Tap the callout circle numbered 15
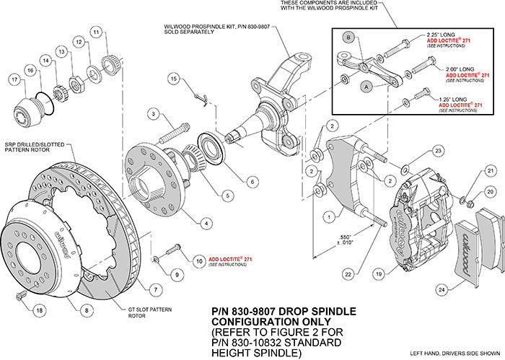[x=173, y=77]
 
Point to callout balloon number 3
[x=154, y=113]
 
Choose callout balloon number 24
[x=442, y=291]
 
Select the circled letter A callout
[x=366, y=85]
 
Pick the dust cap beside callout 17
[x=28, y=113]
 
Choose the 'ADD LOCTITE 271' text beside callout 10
[x=229, y=259]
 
